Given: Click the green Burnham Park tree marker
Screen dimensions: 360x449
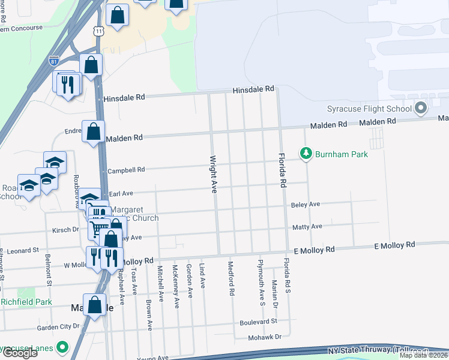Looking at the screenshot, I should tap(306, 154).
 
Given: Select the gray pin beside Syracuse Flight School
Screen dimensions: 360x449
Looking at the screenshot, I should tap(421, 109).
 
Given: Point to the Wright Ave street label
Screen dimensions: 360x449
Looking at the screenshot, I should tap(212, 175).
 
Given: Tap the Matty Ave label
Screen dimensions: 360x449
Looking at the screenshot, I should tap(307, 226).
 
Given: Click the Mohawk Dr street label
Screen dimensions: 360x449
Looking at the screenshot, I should tap(265, 337).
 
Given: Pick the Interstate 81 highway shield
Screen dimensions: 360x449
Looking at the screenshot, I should tap(53, 60).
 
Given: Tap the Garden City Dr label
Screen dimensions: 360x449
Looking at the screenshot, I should tap(58, 327).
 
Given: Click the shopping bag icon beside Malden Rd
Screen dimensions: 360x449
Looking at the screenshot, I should tap(94, 133).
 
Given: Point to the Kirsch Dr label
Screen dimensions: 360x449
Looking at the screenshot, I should tap(67, 229).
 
